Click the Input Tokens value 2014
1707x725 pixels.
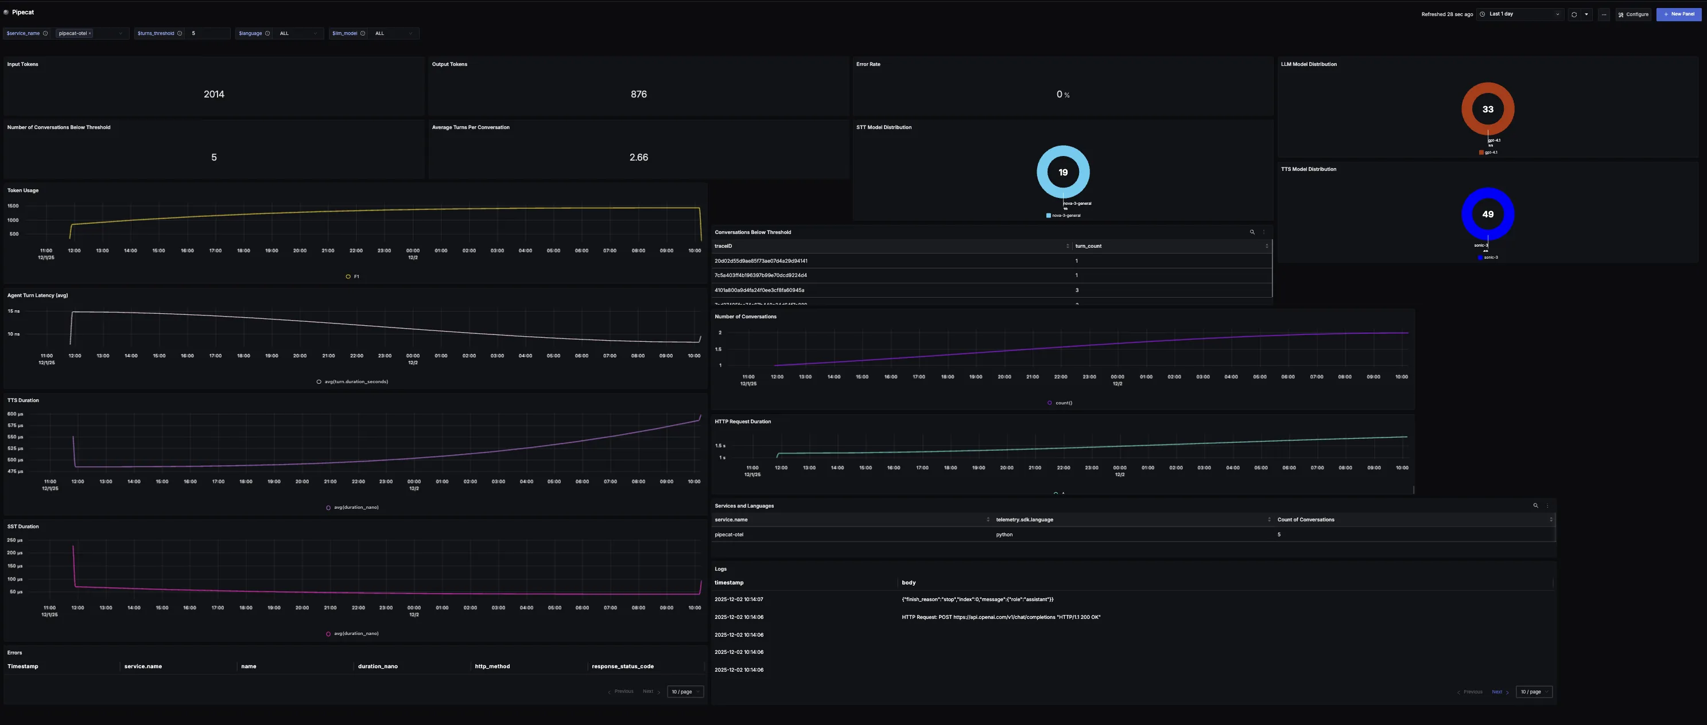[214, 94]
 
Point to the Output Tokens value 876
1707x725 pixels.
[638, 94]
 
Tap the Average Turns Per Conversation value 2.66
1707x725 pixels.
[638, 157]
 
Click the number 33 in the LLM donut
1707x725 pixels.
[1488, 109]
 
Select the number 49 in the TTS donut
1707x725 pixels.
[1488, 214]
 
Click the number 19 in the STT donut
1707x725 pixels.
[1063, 172]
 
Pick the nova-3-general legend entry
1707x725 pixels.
[1065, 215]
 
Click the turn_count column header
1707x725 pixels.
[1088, 246]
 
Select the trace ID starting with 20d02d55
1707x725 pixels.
[761, 261]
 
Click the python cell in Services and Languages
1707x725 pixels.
[1004, 535]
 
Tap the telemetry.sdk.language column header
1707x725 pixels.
[1024, 520]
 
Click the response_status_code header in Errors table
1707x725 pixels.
[622, 666]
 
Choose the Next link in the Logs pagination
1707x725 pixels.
[1497, 692]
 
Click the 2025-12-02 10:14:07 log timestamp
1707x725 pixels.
[738, 599]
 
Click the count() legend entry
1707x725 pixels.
[1063, 403]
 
